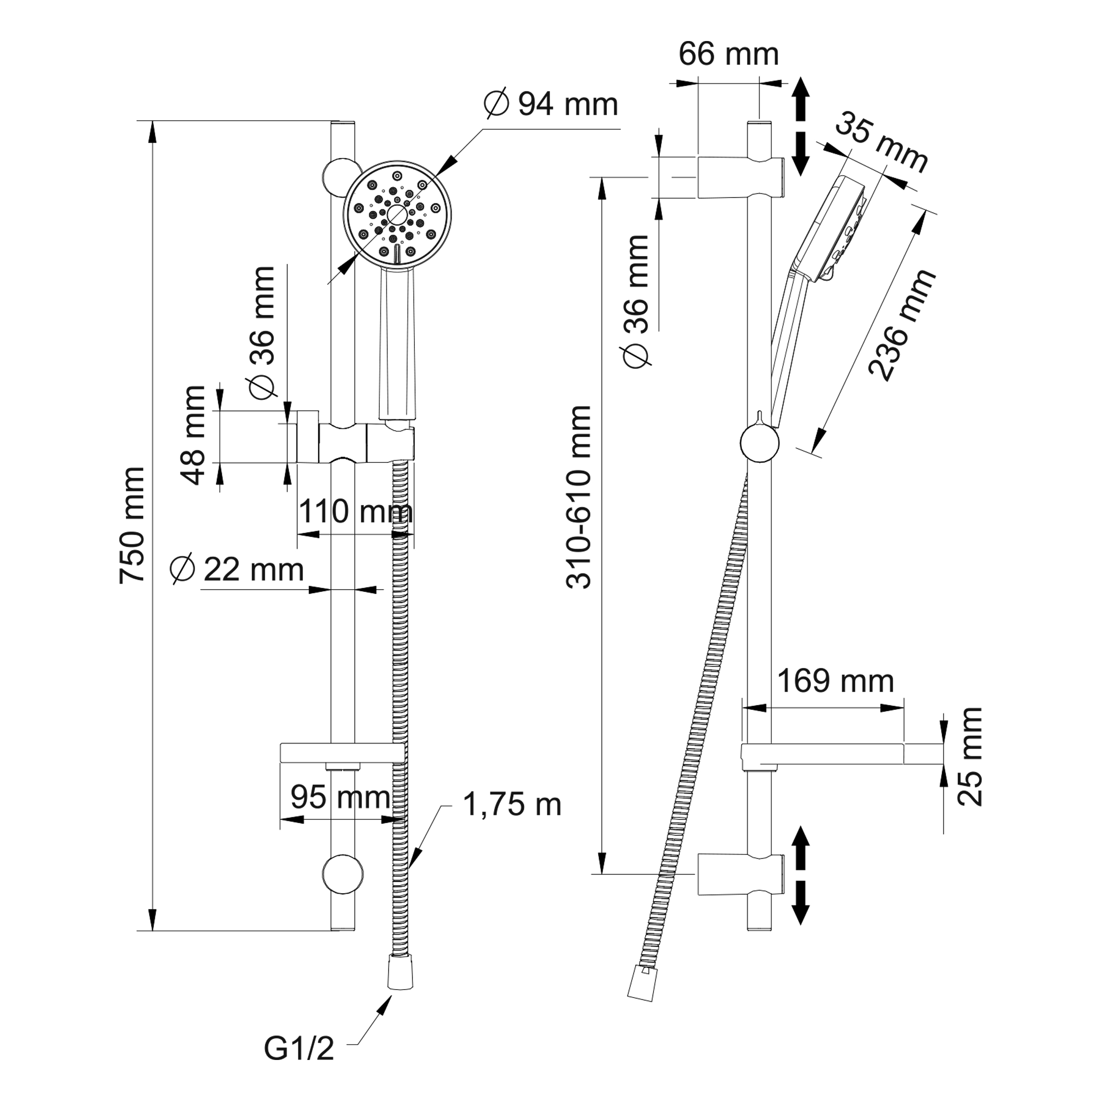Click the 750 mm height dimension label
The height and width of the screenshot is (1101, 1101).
[132, 525]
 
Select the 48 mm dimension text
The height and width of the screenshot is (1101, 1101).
[195, 435]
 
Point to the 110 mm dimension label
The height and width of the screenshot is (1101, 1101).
[355, 511]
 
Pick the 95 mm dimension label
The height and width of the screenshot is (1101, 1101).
[340, 797]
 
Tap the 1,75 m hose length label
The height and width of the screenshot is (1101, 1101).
[512, 805]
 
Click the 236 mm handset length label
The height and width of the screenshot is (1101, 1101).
[901, 324]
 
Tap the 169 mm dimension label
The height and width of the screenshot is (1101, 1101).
[835, 681]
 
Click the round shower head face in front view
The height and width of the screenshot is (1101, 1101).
[397, 215]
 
